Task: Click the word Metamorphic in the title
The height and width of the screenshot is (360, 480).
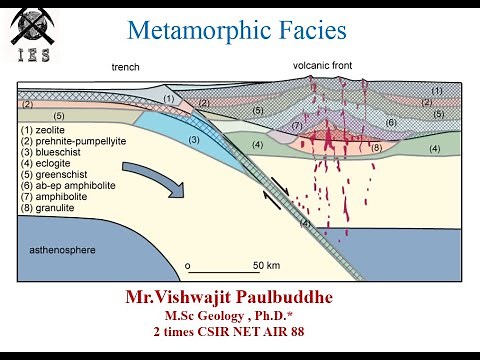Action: click(x=203, y=31)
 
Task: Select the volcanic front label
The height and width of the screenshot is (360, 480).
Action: click(x=320, y=66)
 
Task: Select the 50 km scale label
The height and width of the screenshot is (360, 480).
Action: click(x=266, y=265)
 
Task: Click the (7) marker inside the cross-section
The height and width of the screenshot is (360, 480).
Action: click(x=297, y=125)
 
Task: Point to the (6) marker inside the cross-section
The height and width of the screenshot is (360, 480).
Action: click(x=391, y=122)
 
